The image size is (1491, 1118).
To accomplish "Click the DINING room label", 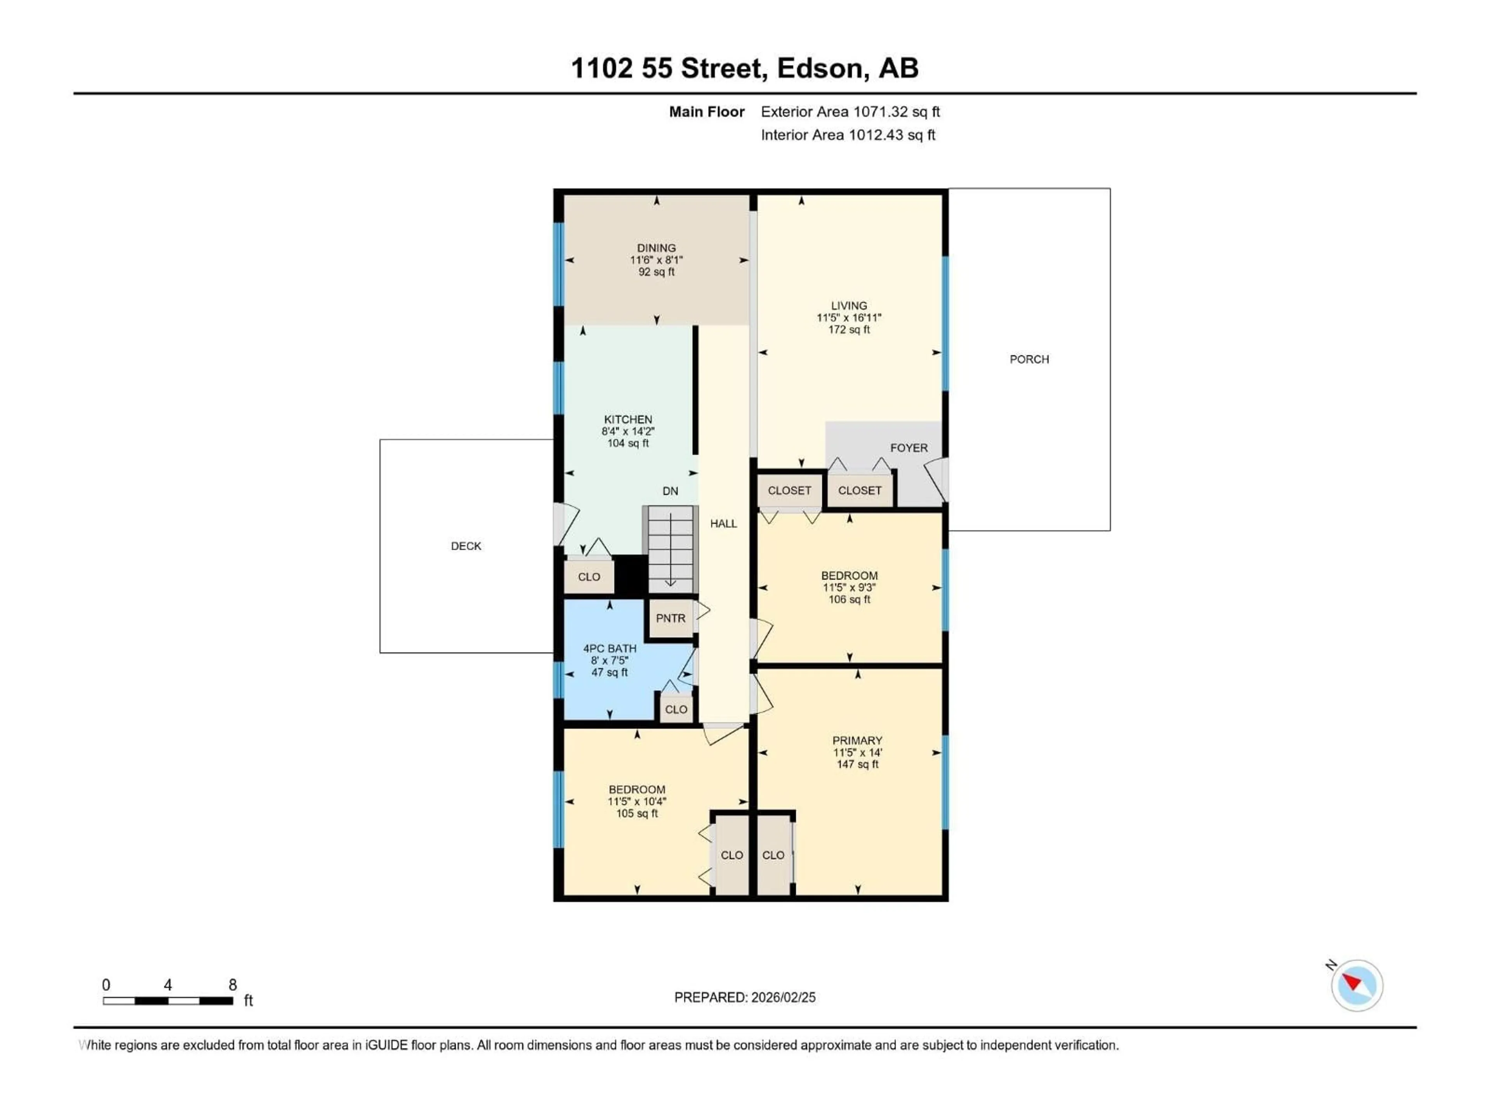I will click(x=656, y=248).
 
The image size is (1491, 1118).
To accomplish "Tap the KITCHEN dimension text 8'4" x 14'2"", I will click(x=627, y=431).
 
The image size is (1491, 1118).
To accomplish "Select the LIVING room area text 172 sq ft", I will click(x=849, y=330).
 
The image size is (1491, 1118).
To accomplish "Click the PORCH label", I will click(x=1029, y=359).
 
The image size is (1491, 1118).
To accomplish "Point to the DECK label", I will click(x=466, y=546).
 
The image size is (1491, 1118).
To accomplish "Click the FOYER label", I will click(x=908, y=448).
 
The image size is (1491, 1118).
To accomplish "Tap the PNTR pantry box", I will click(x=670, y=618).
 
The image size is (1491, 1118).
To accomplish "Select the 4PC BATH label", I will click(x=609, y=648).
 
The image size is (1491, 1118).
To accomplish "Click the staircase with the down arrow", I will click(x=670, y=549).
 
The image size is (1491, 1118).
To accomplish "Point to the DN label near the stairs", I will click(x=670, y=491).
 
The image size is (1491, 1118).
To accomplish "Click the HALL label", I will click(x=723, y=524).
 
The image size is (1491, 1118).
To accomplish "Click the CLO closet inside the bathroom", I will click(x=675, y=709).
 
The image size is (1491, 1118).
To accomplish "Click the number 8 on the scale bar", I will click(x=233, y=984).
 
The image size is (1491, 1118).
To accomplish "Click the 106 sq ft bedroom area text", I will click(x=849, y=599).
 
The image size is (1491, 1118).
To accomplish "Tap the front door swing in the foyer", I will click(x=936, y=480).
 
